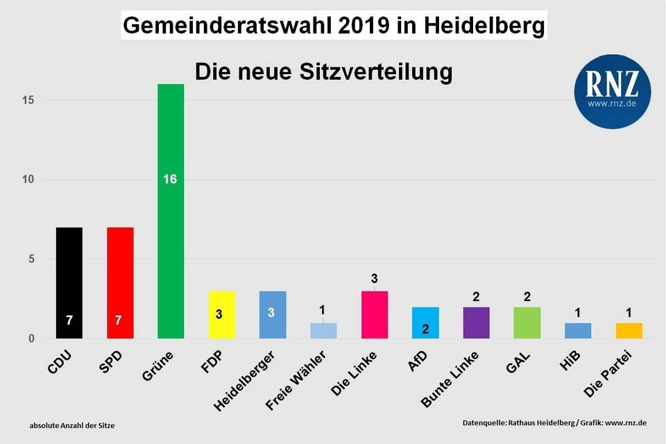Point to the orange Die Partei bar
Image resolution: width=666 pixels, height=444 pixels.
tap(629, 330)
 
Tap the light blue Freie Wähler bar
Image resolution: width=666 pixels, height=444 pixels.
tap(323, 330)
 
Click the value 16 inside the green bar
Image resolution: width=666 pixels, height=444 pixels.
tap(170, 179)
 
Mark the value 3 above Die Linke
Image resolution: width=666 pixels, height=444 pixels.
tap(374, 279)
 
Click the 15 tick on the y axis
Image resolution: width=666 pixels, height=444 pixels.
tap(28, 101)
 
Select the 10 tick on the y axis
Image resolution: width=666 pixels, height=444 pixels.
tap(28, 180)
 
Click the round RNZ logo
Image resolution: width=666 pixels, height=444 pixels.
tap(612, 92)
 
